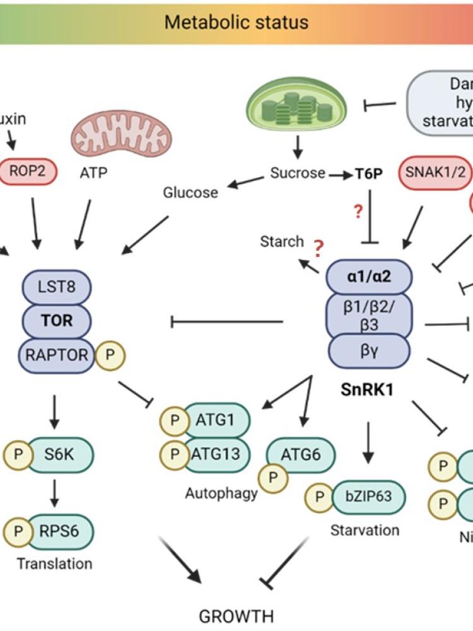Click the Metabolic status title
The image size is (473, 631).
(x=237, y=23)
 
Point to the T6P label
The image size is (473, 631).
(x=368, y=174)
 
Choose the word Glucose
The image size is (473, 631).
(x=190, y=192)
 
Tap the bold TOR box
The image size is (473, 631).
(x=57, y=321)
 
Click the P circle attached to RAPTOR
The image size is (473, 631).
(x=111, y=355)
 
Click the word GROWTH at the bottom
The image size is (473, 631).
(x=237, y=615)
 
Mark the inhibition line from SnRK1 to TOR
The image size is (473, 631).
(x=227, y=322)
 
